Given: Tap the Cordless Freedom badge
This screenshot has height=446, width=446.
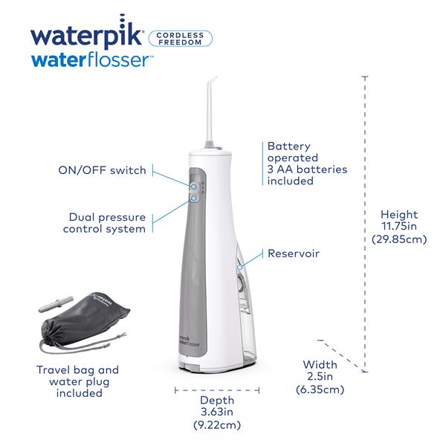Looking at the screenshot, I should [x=181, y=38].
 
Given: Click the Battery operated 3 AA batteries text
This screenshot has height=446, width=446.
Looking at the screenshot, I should [x=297, y=164].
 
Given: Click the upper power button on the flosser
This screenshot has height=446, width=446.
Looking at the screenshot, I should [x=193, y=187].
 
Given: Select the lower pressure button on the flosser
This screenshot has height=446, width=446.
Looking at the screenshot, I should [x=193, y=198].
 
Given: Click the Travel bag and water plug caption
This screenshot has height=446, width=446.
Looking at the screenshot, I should [x=78, y=381].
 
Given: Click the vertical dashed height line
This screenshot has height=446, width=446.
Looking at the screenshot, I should [x=366, y=223].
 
